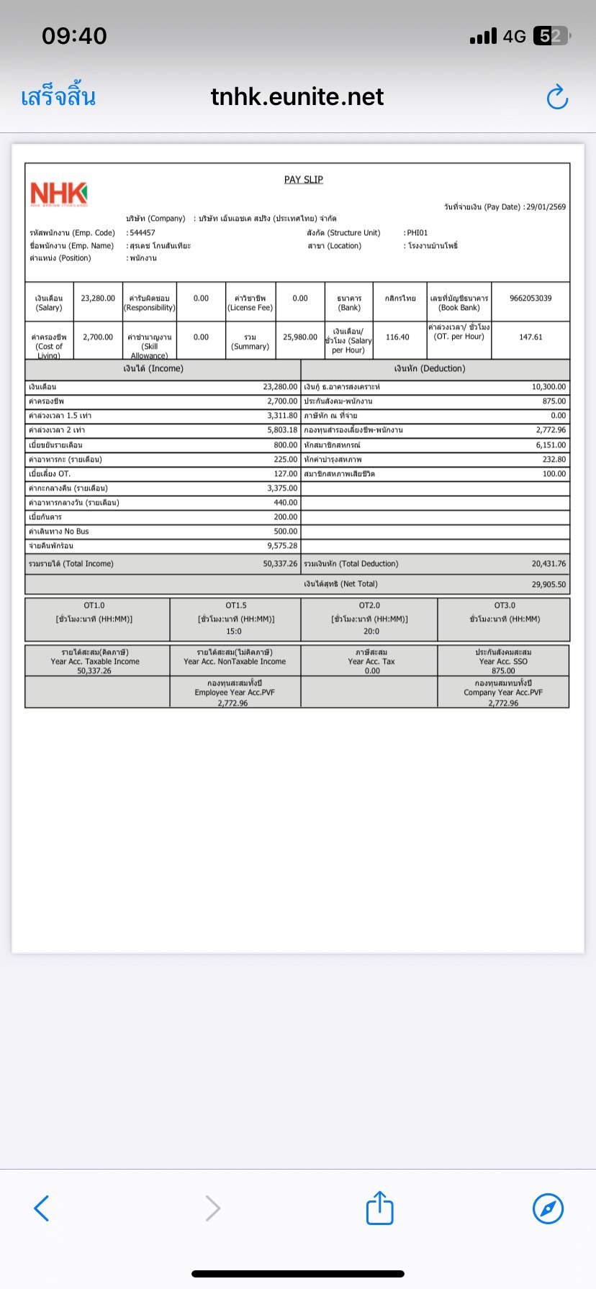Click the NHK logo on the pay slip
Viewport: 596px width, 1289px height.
pos(58,193)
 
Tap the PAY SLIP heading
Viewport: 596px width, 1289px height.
pos(303,180)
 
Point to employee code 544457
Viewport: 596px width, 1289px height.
pos(143,233)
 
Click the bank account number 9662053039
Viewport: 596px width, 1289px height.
pos(530,299)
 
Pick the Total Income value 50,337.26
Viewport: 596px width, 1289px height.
pos(280,564)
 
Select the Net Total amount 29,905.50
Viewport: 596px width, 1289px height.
pos(548,585)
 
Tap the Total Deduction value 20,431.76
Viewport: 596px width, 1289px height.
pos(548,564)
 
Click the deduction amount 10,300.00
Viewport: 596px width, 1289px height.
pos(548,387)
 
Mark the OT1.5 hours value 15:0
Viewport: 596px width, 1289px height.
pos(235,632)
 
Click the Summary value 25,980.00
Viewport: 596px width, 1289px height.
pos(299,337)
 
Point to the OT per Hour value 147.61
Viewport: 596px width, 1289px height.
pos(530,337)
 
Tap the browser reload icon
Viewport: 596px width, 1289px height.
pos(557,97)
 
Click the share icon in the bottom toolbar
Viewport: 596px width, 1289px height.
pos(379,1208)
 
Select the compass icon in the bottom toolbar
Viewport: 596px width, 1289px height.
pos(548,1208)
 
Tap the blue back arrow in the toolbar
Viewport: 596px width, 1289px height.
pos(42,1208)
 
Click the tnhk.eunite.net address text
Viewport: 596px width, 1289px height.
pos(297,97)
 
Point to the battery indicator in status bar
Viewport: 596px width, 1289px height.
pos(551,36)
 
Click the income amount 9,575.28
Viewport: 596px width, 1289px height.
pos(282,546)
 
